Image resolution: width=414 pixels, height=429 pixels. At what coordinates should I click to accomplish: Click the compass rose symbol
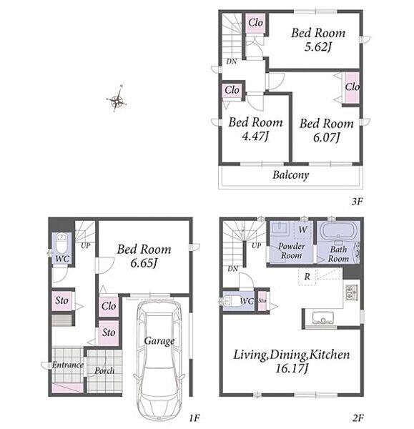117,100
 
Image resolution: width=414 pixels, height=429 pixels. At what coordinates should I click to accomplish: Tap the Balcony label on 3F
290,175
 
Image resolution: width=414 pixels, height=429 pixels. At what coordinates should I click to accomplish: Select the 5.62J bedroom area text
318,47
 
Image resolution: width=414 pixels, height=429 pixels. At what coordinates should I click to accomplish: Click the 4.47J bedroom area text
255,137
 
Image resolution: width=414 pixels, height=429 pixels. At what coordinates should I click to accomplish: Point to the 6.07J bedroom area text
327,137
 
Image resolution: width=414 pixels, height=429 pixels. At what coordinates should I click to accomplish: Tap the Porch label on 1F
104,371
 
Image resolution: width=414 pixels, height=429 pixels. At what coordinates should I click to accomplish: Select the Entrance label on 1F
68,365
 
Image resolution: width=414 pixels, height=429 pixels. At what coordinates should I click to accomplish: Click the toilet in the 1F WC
61,244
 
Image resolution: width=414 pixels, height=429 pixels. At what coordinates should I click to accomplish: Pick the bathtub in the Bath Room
338,232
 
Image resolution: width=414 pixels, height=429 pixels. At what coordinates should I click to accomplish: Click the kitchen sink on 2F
322,317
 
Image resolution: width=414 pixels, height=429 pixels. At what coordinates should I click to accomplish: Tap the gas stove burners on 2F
351,293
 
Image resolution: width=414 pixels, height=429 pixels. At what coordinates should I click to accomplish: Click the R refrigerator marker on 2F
307,277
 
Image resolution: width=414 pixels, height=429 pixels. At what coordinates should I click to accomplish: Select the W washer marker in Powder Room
302,230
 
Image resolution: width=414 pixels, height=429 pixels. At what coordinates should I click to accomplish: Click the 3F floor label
357,202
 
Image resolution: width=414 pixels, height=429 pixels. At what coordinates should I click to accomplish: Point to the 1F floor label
194,418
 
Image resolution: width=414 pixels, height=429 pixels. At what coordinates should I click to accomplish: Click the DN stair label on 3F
232,61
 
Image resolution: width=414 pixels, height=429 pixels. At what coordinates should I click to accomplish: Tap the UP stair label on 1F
85,246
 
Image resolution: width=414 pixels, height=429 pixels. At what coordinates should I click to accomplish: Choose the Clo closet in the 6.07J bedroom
352,87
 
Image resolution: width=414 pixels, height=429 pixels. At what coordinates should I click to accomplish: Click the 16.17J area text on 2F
292,368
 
